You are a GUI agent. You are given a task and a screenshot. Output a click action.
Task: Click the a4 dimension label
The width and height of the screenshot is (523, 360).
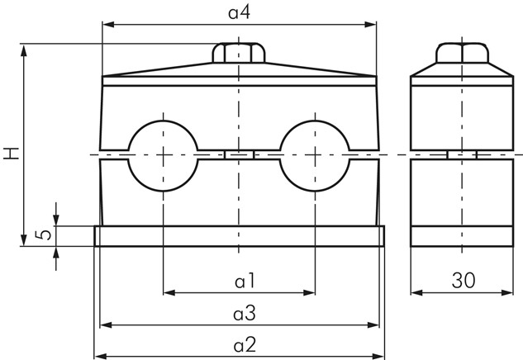tap(239, 12)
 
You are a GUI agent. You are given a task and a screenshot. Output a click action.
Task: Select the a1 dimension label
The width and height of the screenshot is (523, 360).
tap(245, 281)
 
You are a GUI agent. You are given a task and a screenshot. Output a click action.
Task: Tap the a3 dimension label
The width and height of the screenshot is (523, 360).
tap(245, 313)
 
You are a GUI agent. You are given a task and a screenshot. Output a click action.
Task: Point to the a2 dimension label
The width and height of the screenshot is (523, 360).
tap(245, 345)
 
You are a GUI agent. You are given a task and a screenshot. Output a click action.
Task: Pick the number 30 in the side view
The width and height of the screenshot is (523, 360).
tap(464, 281)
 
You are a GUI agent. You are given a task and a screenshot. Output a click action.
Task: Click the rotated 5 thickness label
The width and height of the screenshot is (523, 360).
tap(44, 235)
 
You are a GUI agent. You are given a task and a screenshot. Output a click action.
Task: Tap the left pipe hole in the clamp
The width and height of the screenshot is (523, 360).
tap(163, 156)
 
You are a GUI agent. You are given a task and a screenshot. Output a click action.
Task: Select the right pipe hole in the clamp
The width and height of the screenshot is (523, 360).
tap(315, 156)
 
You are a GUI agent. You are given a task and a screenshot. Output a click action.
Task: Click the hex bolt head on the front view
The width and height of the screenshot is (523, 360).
tap(239, 53)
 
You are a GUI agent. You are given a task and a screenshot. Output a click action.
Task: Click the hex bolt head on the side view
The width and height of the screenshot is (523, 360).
tap(463, 53)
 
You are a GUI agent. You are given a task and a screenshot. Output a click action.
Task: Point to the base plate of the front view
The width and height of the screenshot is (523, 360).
tap(239, 236)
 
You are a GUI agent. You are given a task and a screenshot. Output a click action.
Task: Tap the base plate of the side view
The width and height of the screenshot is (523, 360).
tap(462, 236)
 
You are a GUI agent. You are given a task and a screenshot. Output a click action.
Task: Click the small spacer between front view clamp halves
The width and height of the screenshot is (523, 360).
tap(239, 155)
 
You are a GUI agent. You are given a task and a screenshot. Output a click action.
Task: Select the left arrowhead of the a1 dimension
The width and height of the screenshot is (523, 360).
tap(169, 292)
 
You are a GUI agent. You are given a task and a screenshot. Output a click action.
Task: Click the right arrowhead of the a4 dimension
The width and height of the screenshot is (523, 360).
tap(370, 24)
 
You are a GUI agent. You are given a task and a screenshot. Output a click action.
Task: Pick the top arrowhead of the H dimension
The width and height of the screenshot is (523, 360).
tap(24, 50)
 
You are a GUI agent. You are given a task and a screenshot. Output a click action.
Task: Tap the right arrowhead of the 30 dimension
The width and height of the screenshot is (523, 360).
tap(507, 292)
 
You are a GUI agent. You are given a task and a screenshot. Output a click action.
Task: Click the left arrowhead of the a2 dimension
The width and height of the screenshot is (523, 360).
tap(101, 357)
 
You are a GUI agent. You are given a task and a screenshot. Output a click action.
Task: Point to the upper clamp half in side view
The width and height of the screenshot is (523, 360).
tap(462, 113)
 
